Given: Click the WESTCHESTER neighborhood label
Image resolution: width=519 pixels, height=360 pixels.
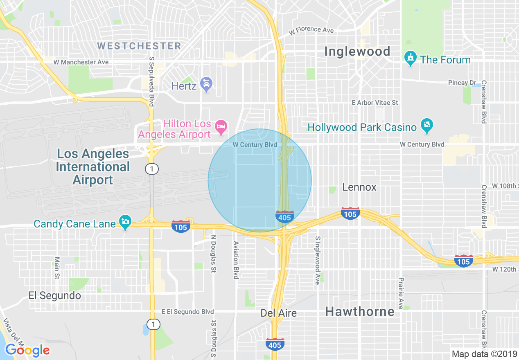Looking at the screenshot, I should [x=139, y=46].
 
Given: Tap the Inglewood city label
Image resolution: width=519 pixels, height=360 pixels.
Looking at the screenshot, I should [x=357, y=52].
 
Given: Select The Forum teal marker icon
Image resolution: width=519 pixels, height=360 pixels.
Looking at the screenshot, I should [x=410, y=59].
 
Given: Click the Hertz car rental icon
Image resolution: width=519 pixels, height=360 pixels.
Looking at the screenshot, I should [x=207, y=85].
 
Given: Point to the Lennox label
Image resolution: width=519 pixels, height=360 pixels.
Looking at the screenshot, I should [x=359, y=187].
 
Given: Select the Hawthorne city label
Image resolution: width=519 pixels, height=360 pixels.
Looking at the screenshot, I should [x=360, y=312].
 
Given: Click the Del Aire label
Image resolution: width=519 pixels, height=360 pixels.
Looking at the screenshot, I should [x=278, y=313].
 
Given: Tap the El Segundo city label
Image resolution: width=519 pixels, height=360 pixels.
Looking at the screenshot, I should [x=54, y=295].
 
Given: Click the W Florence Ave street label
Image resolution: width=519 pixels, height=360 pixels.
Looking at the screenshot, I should [x=311, y=30].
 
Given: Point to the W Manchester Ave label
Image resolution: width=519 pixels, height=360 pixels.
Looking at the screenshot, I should [x=81, y=62].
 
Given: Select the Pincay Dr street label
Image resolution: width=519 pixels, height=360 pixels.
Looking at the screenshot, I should [x=458, y=83].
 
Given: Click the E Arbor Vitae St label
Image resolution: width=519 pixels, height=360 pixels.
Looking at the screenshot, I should [x=375, y=103].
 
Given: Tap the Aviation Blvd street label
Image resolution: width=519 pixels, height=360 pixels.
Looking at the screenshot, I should [x=236, y=260].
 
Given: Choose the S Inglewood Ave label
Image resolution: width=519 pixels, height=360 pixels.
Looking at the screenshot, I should [x=317, y=260].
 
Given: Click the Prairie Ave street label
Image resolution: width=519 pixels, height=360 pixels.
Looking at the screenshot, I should [x=401, y=293].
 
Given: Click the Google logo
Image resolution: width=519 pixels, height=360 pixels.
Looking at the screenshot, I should [x=27, y=350].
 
